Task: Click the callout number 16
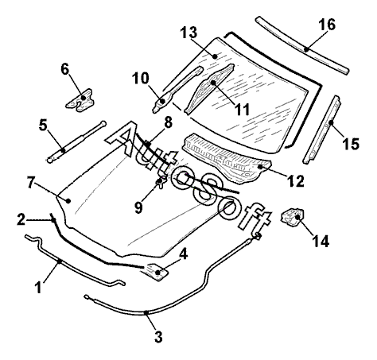coord(327,25)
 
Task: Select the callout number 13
coord(188,33)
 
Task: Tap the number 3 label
coord(158,337)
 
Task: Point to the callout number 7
coord(31,183)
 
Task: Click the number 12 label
coord(296,181)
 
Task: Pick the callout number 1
coord(39,287)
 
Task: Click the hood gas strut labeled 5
coord(76,140)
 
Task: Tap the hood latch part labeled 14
coord(292,218)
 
